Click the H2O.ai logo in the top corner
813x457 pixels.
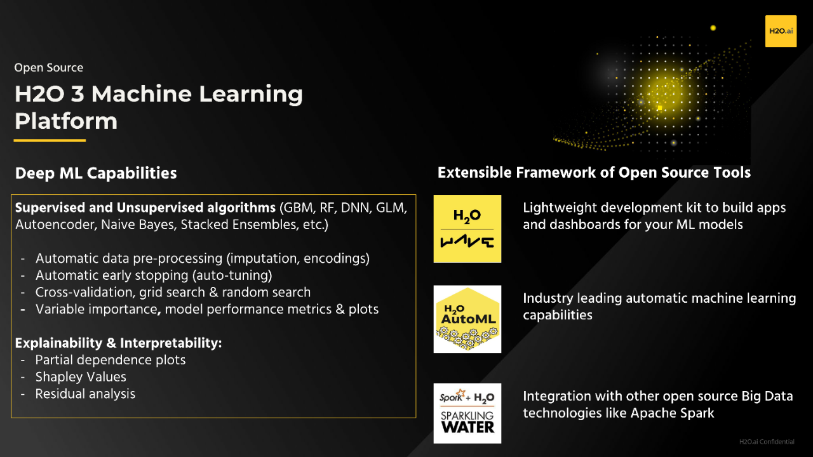(781, 31)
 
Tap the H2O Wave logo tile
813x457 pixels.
(467, 228)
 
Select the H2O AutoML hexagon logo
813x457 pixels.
(467, 319)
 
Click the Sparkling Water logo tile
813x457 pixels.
(467, 413)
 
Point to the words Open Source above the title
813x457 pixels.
(49, 67)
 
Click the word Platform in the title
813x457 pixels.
(66, 121)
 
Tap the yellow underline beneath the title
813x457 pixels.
(50, 140)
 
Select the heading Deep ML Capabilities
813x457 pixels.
(96, 173)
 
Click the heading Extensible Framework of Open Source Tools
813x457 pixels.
(594, 173)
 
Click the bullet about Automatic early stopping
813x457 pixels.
(154, 275)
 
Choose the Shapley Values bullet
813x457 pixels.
(81, 377)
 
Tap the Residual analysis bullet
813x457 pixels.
(85, 394)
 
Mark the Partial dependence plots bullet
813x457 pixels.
(111, 360)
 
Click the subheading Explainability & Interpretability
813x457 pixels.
(118, 343)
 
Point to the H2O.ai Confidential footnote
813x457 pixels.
(767, 442)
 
